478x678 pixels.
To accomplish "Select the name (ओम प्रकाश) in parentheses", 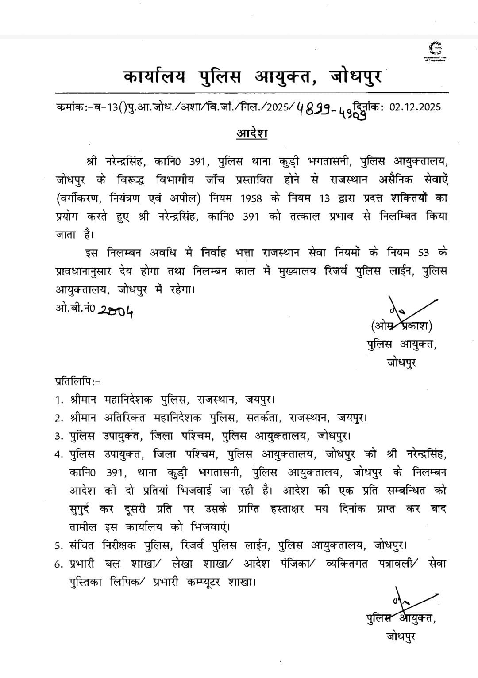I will click(401, 326).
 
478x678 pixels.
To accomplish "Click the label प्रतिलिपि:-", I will click(77, 381).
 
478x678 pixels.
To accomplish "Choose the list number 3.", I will click(58, 436).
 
